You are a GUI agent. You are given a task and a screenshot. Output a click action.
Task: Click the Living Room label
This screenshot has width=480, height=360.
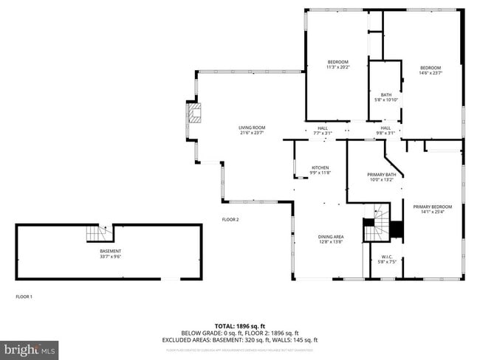point(252,128)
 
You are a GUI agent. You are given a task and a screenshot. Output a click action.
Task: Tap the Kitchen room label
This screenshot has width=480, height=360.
point(320,167)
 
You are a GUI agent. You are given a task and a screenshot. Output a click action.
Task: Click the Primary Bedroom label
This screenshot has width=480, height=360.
point(432,207)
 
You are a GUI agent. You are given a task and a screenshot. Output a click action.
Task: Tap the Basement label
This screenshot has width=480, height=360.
point(111,252)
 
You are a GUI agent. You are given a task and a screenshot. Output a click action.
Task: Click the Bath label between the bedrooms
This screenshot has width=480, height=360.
point(386,94)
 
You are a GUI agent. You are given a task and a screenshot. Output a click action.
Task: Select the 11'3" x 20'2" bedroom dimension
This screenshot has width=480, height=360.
point(337,67)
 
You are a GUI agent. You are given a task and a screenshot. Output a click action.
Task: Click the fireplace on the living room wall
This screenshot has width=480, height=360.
point(193,114)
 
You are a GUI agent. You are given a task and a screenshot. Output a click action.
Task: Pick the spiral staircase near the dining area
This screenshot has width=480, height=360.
point(377,224)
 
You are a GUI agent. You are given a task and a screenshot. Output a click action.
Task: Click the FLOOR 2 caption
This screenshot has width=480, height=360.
point(230,219)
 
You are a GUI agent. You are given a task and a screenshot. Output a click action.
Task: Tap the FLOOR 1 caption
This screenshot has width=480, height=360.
point(24,297)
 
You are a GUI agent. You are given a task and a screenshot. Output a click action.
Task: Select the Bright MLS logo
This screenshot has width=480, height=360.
point(30,347)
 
